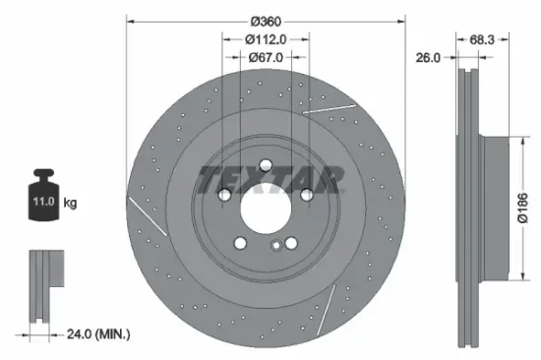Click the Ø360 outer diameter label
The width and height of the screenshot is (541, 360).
(267, 22)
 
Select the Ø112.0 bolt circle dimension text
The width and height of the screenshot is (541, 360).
(266, 40)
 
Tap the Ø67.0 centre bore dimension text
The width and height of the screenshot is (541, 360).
(266, 58)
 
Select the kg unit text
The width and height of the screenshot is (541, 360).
(70, 204)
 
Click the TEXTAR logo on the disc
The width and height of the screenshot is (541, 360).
(271, 180)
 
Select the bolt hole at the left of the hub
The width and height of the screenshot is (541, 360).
(225, 196)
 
